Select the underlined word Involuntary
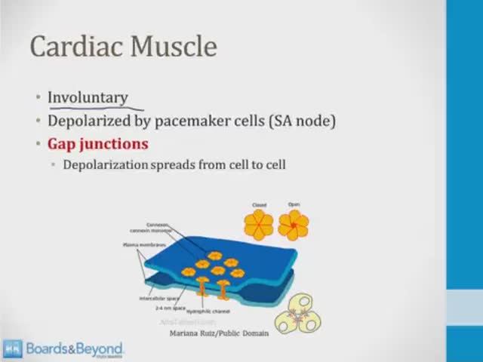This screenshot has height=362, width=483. (x=88, y=98)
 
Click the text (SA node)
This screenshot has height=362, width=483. (x=303, y=121)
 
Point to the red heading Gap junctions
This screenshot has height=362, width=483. (x=98, y=143)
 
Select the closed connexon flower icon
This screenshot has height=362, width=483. (x=258, y=224)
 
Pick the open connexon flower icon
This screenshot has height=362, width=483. (x=294, y=224)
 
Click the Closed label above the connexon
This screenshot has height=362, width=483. (x=259, y=205)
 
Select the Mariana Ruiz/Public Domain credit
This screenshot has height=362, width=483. (x=219, y=332)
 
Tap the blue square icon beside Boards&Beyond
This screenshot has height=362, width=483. (x=12, y=348)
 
